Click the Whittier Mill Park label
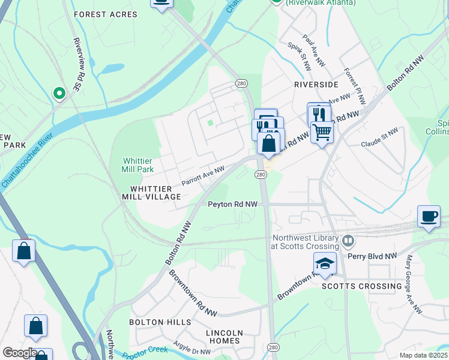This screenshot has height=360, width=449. [x=138, y=165]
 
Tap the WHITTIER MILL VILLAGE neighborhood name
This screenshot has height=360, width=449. [x=151, y=193]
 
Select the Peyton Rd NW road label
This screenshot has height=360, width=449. [x=232, y=204]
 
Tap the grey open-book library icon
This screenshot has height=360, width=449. [x=348, y=242]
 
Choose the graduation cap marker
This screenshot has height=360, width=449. [x=324, y=263]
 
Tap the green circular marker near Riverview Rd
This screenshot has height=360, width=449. [x=59, y=93]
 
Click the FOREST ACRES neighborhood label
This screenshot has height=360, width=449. [x=97, y=14]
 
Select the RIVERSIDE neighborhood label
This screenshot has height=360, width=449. [x=316, y=85]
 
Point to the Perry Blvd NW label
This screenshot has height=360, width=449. [x=373, y=256]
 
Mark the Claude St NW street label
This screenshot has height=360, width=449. [x=379, y=138]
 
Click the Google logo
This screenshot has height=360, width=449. [x=20, y=353]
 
